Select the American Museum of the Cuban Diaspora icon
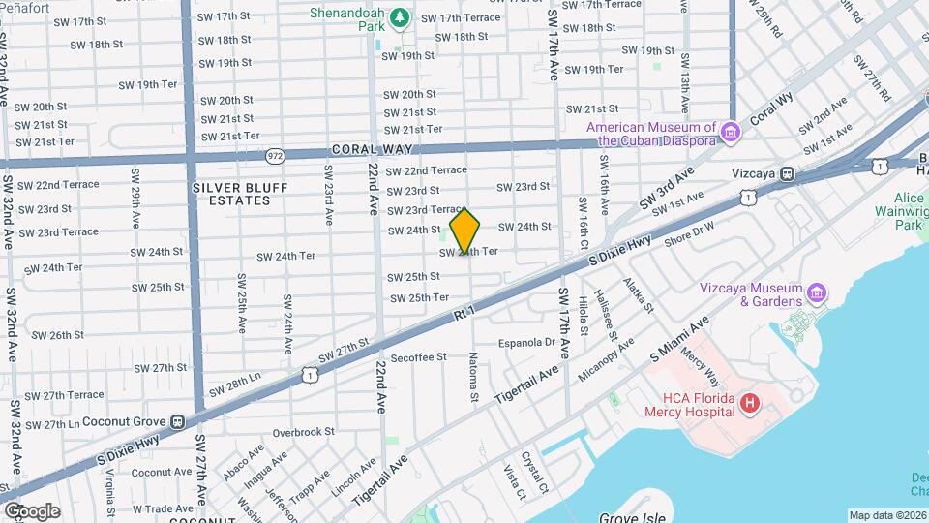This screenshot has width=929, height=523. (x=731, y=132)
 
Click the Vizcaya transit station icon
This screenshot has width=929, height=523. (x=788, y=174)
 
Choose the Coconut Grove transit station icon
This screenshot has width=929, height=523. (x=177, y=421)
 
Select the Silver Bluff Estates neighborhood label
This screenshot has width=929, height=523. (x=230, y=194)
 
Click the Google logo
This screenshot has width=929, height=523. (x=31, y=510)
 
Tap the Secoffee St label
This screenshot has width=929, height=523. (x=419, y=356)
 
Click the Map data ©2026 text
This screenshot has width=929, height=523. (x=888, y=515)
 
